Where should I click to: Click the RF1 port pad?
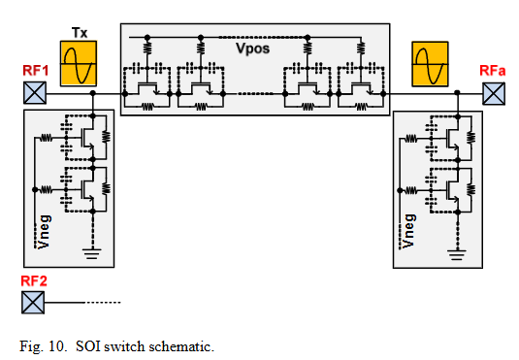coord(35,93)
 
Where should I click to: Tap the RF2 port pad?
coord(33,303)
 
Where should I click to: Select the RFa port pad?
coord(494,94)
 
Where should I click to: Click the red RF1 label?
coord(36,71)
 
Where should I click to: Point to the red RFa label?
coord(493,71)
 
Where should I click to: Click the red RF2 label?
coord(34,280)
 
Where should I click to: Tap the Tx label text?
coord(80,33)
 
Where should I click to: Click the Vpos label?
coord(253,49)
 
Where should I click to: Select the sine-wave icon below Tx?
coord(79,63)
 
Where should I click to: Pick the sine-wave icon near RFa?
coord(430,64)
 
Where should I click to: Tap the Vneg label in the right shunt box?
coord(408,231)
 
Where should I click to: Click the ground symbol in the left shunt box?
coord(93,253)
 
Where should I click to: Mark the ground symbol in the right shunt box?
coord(457,254)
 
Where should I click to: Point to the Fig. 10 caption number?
coord(44,346)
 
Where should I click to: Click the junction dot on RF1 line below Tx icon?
coord(93,93)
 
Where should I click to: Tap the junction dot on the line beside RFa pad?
coord(457,92)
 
